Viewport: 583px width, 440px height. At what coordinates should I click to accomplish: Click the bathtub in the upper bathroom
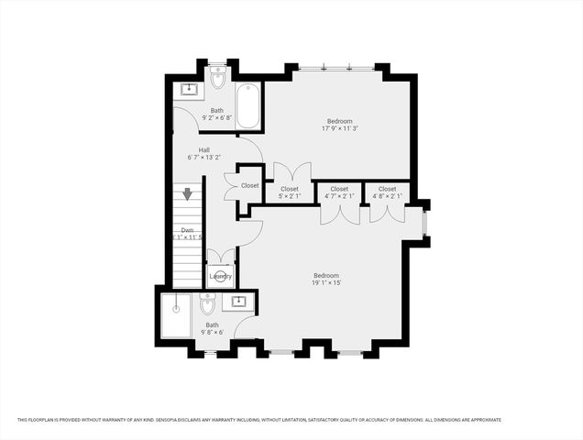pyautogui.click(x=248, y=107)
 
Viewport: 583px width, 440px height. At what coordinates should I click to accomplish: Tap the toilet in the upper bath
pyautogui.click(x=217, y=80)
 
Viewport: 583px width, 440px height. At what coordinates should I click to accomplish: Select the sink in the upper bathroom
pyautogui.click(x=189, y=89)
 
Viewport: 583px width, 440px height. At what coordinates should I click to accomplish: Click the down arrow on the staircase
pyautogui.click(x=187, y=194)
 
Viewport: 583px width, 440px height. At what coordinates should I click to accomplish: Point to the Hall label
pyautogui.click(x=204, y=148)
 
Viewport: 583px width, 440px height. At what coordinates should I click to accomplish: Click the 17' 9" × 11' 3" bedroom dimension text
pyautogui.click(x=339, y=128)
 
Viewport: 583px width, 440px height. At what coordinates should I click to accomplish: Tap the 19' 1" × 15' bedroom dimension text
pyautogui.click(x=326, y=283)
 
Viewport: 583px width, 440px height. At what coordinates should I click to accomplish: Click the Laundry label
pyautogui.click(x=220, y=276)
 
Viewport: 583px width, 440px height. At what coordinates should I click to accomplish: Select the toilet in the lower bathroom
pyautogui.click(x=207, y=303)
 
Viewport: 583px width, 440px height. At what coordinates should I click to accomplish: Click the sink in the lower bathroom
pyautogui.click(x=240, y=301)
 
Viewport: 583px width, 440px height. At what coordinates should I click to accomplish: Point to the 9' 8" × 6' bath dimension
pyautogui.click(x=212, y=333)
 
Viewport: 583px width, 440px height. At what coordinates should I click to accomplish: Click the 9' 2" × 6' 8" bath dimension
pyautogui.click(x=216, y=117)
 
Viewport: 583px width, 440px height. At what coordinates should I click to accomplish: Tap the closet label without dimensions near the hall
pyautogui.click(x=250, y=186)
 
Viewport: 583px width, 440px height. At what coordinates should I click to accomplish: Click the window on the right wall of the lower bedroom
pyautogui.click(x=424, y=223)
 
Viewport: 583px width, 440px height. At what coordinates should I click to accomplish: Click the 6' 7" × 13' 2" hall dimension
pyautogui.click(x=204, y=157)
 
